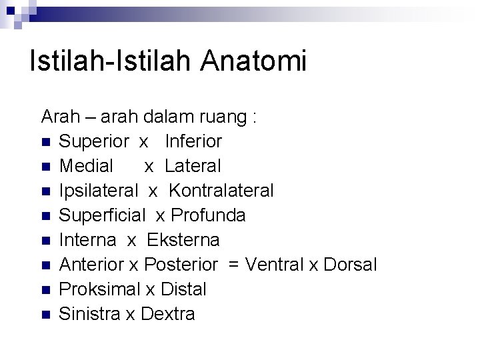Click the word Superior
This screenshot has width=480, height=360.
[94, 141]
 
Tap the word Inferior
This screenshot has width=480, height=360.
[193, 141]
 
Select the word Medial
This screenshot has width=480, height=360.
[87, 166]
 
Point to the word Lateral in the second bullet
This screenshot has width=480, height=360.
[193, 166]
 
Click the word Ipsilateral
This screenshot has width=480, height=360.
[99, 191]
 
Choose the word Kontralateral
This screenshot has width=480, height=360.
[221, 191]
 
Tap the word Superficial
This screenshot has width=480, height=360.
[102, 215]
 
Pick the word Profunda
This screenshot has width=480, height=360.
[209, 215]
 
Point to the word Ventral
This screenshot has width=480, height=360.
[275, 265]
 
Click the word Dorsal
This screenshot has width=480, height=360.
[350, 265]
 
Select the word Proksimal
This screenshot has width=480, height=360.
[100, 289]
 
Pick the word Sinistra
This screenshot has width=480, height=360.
[90, 314]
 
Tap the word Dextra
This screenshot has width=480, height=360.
[168, 314]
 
